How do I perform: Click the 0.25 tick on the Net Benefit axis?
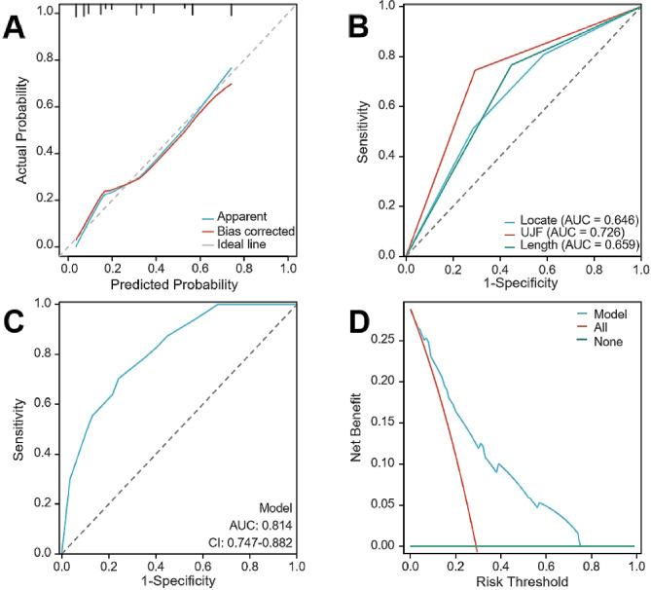(x=387, y=340)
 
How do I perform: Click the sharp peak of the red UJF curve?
(x=474, y=70)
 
